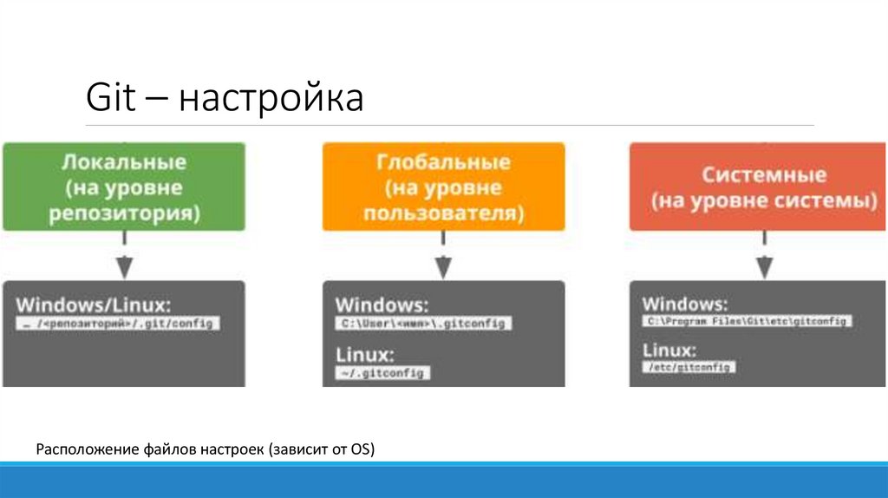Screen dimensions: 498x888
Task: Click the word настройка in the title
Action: point(271,99)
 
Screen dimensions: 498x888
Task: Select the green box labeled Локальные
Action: point(123,187)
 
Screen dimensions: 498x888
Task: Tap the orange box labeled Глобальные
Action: point(443,187)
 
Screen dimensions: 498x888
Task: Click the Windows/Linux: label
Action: point(93,305)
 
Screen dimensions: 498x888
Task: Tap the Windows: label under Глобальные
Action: point(382,305)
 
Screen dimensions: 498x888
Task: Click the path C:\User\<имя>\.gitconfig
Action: point(424,324)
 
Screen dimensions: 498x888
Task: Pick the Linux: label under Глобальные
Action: point(364,355)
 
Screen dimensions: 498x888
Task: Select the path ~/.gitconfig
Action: point(382,373)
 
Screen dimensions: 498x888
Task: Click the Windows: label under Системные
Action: point(685,304)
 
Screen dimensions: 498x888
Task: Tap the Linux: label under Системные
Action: point(669,351)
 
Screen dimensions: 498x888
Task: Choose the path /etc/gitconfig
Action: point(689,367)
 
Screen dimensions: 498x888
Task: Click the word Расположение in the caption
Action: point(78,449)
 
